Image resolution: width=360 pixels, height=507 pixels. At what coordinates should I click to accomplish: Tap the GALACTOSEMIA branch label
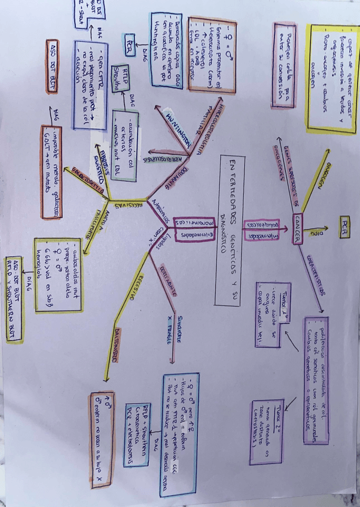[89, 181]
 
